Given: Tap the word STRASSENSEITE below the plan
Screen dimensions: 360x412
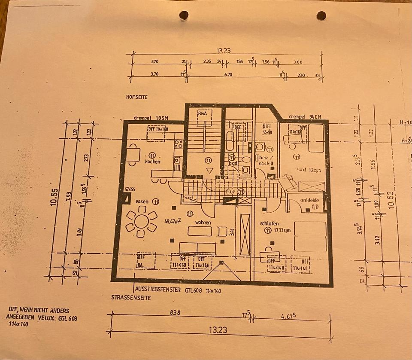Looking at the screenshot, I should click(x=131, y=298).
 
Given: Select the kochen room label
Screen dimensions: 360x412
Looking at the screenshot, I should click(x=153, y=162).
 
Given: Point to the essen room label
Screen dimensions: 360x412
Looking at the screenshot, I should click(x=142, y=201).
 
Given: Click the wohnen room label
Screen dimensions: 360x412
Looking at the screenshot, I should click(x=203, y=223).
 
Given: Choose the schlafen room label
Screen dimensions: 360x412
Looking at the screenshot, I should click(x=270, y=224).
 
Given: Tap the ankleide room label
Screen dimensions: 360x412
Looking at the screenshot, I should click(x=309, y=200).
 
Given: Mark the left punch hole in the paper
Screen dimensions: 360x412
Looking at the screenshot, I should click(x=184, y=15).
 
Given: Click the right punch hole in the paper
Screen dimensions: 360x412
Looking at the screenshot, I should click(x=321, y=16).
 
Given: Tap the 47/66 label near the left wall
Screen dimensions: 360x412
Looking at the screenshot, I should click(x=129, y=189).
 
